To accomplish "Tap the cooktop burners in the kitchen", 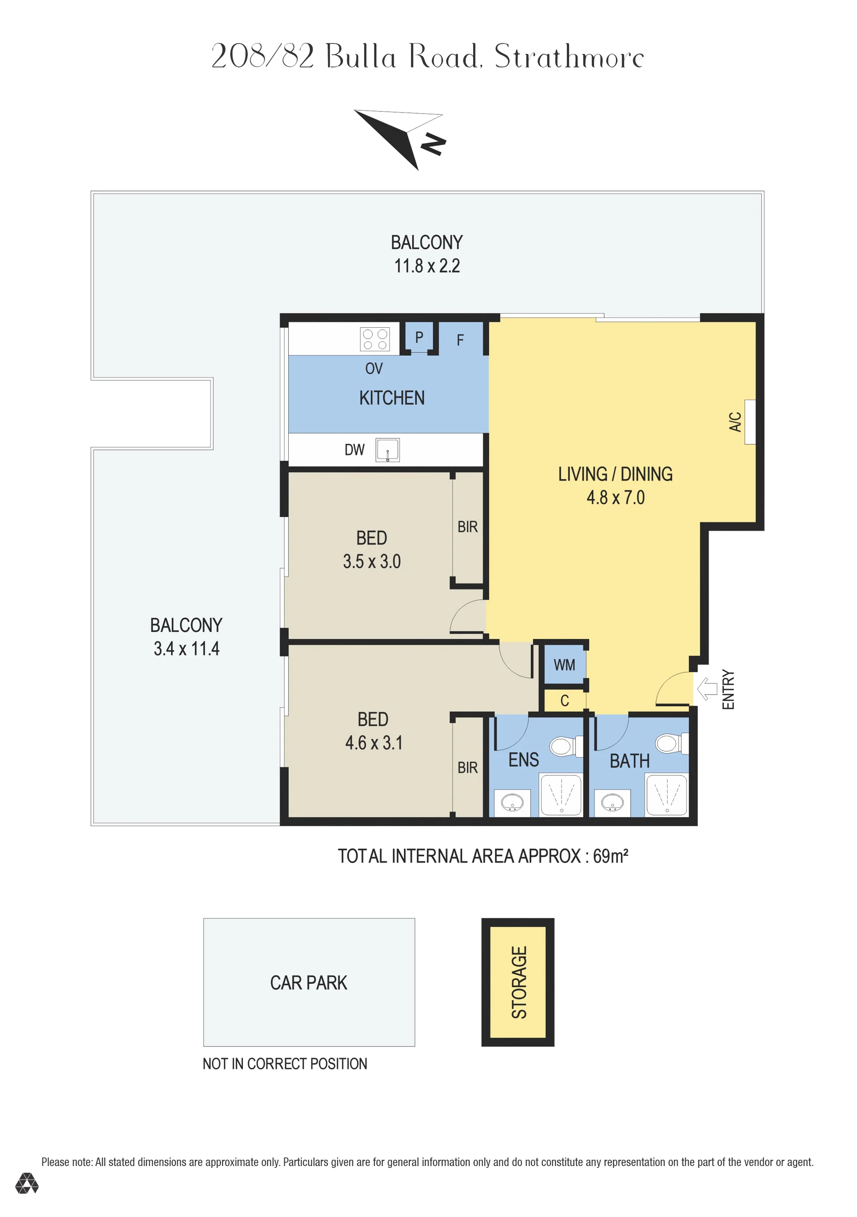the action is (374, 339).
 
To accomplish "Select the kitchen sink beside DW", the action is (387, 450).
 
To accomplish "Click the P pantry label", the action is (419, 337).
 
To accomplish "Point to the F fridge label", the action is (460, 340).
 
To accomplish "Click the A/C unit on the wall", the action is (750, 421).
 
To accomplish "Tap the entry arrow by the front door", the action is (707, 689).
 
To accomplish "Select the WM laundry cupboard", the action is (565, 665).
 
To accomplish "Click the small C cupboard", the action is (565, 701).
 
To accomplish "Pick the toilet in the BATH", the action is (671, 743).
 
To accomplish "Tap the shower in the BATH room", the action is (667, 795).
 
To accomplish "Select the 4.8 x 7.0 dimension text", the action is (616, 498).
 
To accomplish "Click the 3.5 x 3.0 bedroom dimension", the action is (371, 561).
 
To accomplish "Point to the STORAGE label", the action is (519, 982).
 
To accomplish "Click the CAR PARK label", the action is (308, 983).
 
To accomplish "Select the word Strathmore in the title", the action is (569, 57).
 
